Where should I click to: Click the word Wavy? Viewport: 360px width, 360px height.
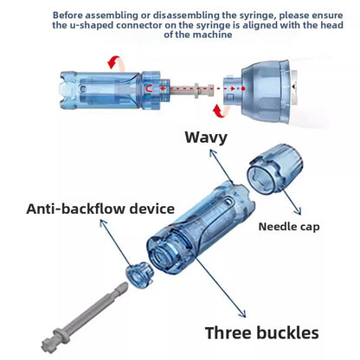(x=206, y=138)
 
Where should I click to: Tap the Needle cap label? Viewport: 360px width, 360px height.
(x=289, y=227)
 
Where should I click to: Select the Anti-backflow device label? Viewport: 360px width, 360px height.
(x=100, y=209)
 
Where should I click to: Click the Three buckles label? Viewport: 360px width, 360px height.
(x=262, y=332)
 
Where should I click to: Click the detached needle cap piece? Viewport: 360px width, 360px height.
(x=274, y=169)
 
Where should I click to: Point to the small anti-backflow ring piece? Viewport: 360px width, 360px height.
(x=139, y=274)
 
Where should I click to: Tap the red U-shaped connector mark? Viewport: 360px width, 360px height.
(x=149, y=89)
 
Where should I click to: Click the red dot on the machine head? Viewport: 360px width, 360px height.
(x=243, y=88)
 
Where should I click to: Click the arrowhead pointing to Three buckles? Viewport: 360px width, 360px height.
(x=243, y=313)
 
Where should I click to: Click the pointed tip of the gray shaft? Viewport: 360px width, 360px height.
(x=125, y=284)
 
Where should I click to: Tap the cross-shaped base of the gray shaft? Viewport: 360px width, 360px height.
(x=48, y=344)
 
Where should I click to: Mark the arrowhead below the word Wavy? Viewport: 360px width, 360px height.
(x=212, y=153)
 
